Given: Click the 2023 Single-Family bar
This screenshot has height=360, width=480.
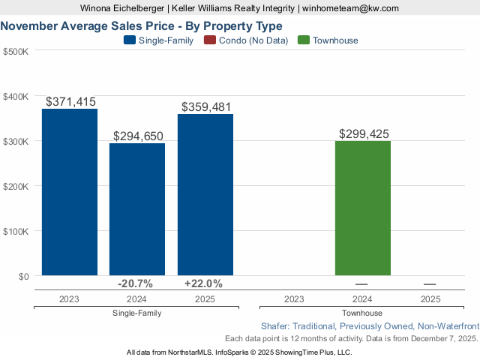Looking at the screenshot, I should tap(69, 192).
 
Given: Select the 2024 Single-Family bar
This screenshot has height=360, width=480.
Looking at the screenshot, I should tap(137, 209).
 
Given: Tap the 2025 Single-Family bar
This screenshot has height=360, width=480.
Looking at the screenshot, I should tap(205, 195).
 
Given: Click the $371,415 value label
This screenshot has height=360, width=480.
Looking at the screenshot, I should tap(71, 101).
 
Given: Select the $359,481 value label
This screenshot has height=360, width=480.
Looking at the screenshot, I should tap(205, 106).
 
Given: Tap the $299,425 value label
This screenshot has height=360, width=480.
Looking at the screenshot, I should tap(364, 134).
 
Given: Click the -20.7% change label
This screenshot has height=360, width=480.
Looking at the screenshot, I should tap(136, 283).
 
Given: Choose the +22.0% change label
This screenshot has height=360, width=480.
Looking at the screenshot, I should tap(203, 283).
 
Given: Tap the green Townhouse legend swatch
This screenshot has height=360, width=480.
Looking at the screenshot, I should tap(304, 40).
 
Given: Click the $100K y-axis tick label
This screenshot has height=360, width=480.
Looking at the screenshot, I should tap(16, 231).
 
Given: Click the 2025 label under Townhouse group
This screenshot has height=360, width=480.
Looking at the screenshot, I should tap(430, 298).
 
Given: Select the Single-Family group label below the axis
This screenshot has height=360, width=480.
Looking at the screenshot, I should tap(136, 313).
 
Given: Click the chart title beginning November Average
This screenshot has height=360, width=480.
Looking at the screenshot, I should tap(142, 25).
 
